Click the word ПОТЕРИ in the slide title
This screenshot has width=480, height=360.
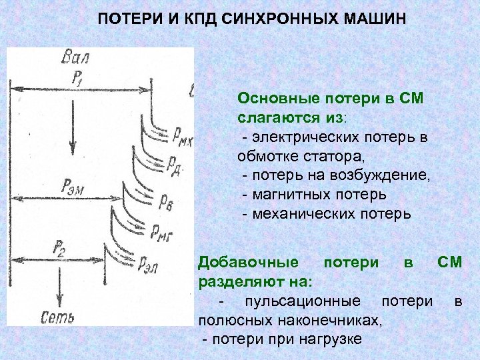(x=128, y=17)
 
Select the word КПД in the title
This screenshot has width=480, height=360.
(x=191, y=17)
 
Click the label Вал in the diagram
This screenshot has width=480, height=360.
(x=74, y=57)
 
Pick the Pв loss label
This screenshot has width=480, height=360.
(x=166, y=201)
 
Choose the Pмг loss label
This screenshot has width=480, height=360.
(x=162, y=233)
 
